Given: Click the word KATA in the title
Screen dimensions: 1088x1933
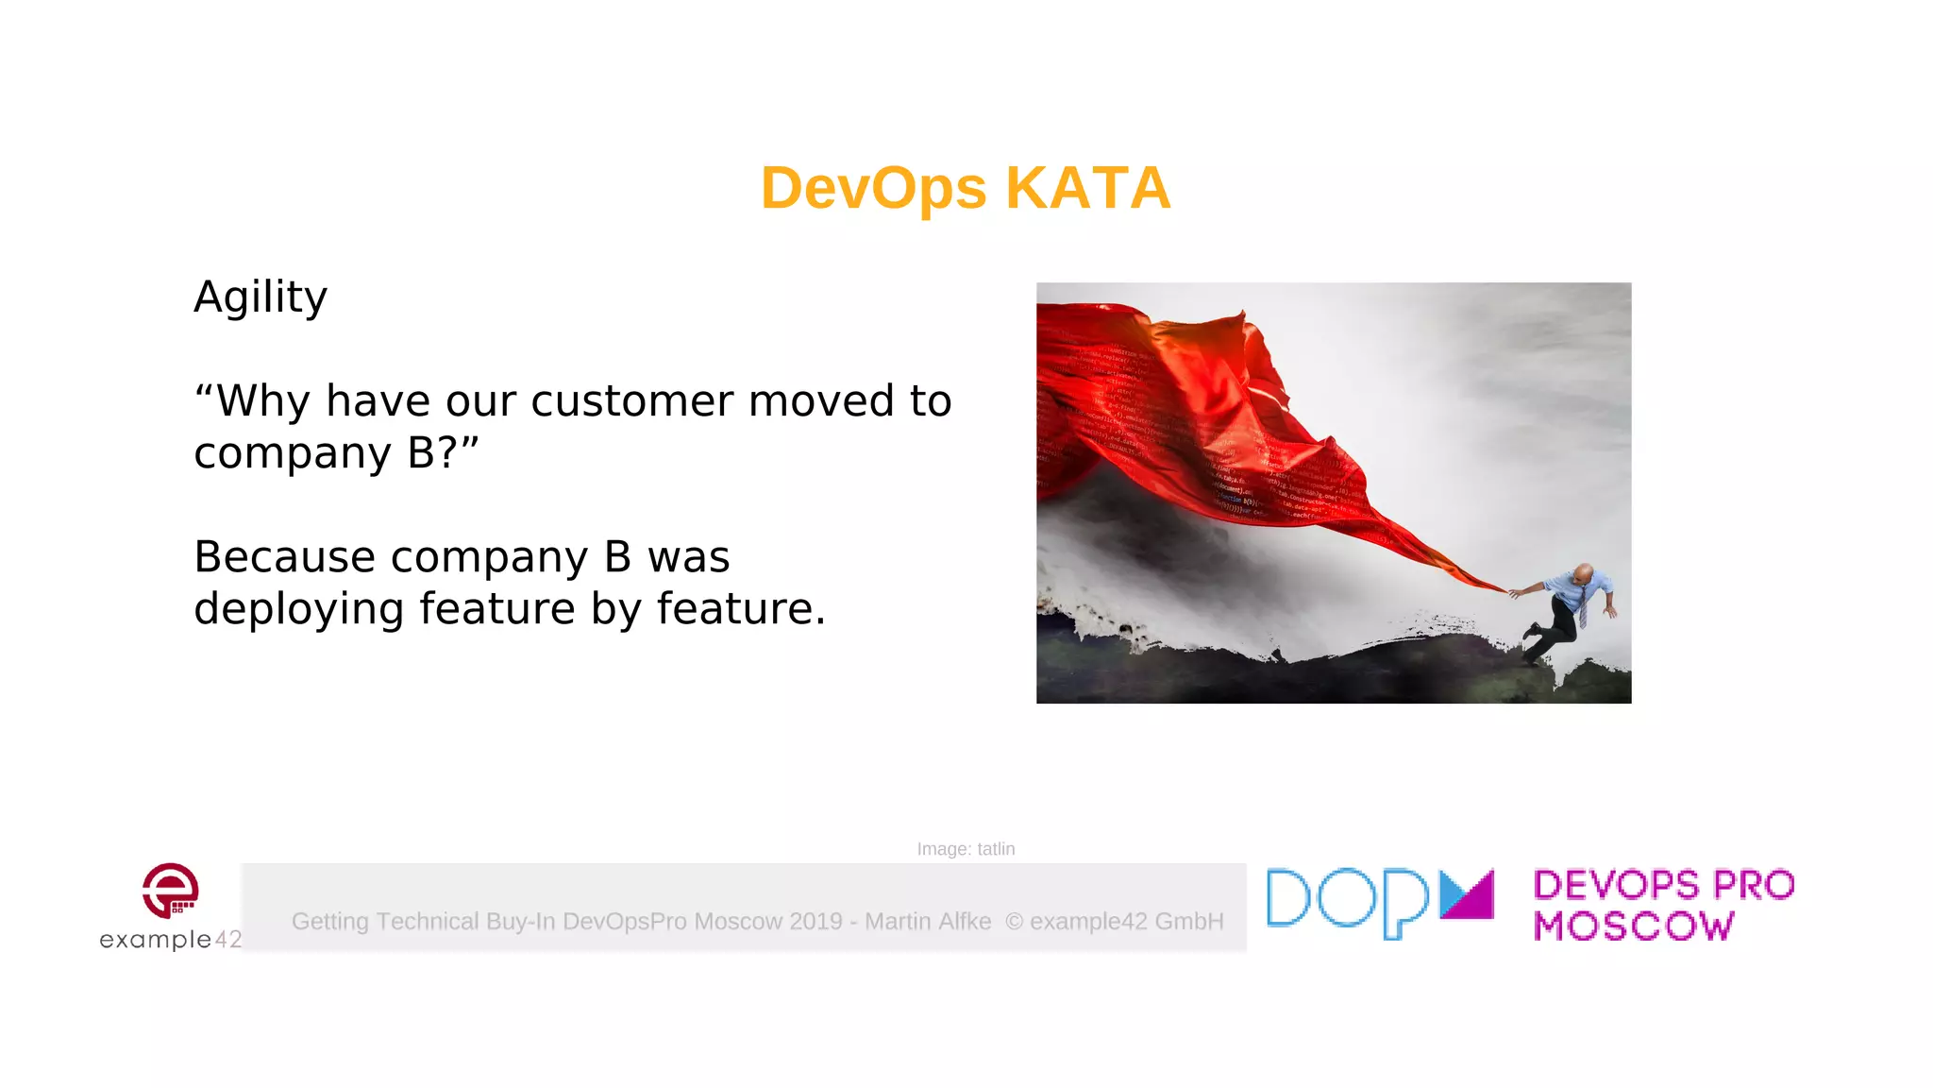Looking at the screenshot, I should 1087,188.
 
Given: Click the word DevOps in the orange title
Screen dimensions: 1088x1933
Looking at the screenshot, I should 873,188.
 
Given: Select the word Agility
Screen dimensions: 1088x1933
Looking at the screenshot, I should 261,297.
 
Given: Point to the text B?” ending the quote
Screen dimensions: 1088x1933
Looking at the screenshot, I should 443,453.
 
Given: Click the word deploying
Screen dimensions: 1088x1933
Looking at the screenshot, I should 299,609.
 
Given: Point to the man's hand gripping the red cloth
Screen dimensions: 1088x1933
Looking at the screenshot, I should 1515,593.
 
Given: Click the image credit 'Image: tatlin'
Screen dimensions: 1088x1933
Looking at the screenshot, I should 966,849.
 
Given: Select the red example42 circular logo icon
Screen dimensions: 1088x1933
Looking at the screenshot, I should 171,890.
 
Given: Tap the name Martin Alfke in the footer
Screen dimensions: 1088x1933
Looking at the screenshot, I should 928,922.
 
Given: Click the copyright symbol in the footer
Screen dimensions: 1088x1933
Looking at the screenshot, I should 1014,922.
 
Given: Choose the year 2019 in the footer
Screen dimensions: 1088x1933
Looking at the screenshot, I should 815,922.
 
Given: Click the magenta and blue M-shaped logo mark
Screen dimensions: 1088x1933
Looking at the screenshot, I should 1467,894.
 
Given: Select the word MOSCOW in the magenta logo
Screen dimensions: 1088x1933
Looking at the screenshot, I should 1634,926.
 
